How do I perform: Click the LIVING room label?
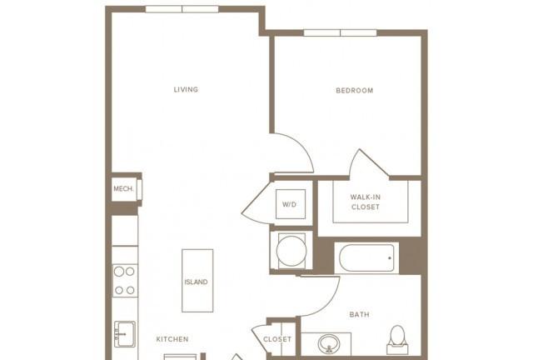coord(186,89)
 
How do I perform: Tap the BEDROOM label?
coord(355,91)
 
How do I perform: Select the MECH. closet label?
coord(124,189)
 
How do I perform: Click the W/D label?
coord(289,204)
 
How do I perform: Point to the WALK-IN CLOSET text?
coord(366,202)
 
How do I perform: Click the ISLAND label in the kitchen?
coord(197,282)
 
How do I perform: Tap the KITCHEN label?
coord(172,339)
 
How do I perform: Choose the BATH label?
coord(359,314)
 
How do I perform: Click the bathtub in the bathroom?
coord(366,258)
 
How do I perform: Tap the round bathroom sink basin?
coord(329,343)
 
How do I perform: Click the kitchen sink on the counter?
coord(125,334)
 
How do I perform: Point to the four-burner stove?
coord(125,281)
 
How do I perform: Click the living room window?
coord(182,9)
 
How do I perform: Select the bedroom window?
coord(341,33)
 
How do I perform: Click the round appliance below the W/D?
coord(291,251)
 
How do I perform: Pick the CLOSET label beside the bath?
coord(277,339)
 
